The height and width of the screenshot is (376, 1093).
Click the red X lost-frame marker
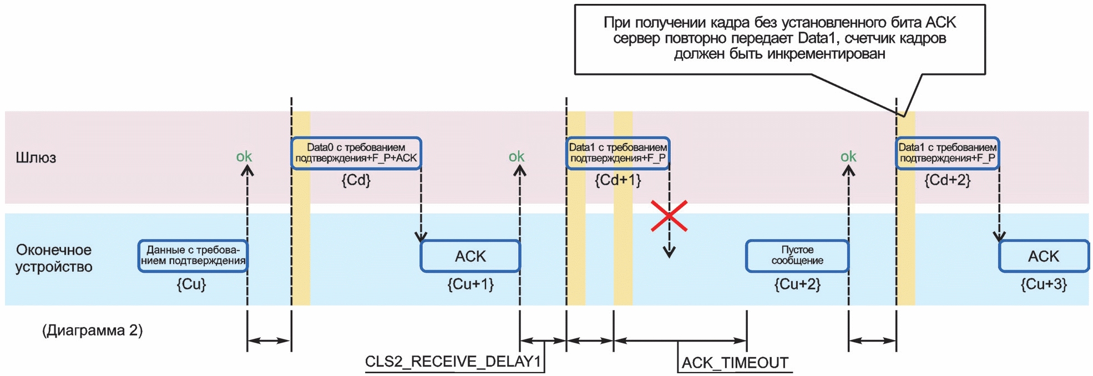click(669, 216)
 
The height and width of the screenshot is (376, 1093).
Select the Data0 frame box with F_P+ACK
click(356, 153)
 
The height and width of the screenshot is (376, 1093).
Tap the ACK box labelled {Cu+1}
click(470, 256)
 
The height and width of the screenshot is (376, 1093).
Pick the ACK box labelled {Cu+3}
click(1043, 256)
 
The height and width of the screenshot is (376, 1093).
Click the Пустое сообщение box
click(797, 256)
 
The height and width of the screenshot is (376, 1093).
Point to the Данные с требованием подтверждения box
click(193, 256)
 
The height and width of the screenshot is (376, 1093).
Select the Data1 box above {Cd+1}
click(618, 153)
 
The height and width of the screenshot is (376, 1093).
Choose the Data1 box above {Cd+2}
click(947, 153)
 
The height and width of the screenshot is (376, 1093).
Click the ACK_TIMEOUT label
click(735, 363)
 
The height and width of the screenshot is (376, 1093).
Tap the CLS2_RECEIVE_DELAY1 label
click(453, 362)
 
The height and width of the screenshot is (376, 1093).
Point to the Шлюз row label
click(36, 158)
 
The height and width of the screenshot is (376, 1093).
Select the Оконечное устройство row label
click(54, 258)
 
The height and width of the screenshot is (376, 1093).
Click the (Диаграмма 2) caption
click(93, 331)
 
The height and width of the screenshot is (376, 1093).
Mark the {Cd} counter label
click(356, 180)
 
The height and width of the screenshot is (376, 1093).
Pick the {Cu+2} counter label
click(797, 284)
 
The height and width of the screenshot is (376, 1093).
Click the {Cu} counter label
click(191, 284)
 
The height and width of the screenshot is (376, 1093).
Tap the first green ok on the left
click(244, 157)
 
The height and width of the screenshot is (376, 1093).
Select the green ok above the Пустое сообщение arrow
click(848, 157)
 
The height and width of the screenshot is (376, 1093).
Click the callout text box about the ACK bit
click(780, 39)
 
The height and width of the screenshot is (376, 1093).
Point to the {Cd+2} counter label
click(947, 180)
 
